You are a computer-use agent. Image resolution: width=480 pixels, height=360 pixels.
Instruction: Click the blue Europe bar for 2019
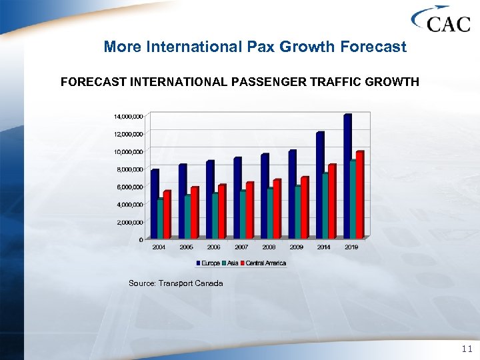coord(347,177)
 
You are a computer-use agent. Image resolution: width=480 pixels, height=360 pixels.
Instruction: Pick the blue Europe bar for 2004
coord(155,204)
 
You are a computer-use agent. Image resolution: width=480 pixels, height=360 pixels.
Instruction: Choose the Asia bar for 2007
coord(243,214)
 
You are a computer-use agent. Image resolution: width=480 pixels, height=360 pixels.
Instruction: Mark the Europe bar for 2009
coord(292,194)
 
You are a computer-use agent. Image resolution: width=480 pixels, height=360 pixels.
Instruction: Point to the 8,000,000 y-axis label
coord(126,169)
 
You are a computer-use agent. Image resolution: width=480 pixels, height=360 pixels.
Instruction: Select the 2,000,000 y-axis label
coord(126,222)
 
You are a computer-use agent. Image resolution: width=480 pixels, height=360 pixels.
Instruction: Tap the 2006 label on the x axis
coord(214,247)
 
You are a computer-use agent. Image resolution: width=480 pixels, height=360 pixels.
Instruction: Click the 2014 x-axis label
coord(323,247)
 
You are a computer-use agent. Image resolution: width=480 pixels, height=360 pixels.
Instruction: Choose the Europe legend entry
coord(209,263)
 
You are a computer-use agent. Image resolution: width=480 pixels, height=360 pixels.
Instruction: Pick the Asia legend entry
coord(231,263)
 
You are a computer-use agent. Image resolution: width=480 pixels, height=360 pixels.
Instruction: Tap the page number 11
coord(466,348)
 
